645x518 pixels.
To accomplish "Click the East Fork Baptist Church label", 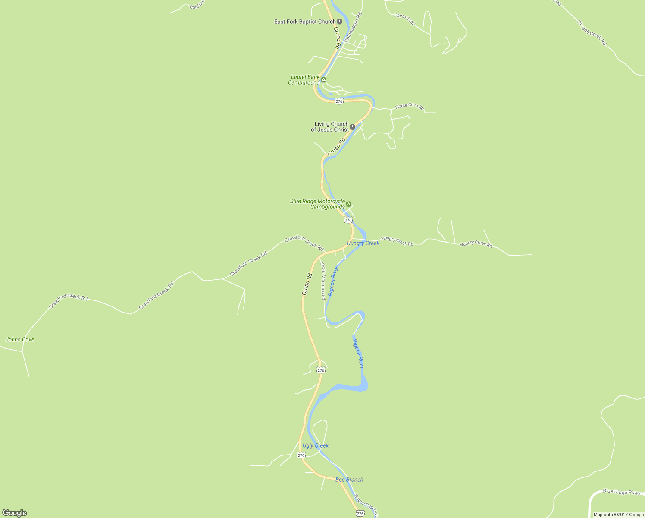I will click(x=304, y=22).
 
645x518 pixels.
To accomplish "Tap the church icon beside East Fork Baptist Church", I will click(x=340, y=22).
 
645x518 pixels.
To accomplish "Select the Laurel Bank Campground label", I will click(x=304, y=80).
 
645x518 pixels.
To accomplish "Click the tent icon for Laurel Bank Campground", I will click(x=323, y=79).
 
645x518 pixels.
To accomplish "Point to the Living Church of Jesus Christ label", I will click(x=330, y=127).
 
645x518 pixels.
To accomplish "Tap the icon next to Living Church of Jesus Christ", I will click(x=353, y=127).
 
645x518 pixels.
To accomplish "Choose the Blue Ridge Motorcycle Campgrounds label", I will click(x=318, y=204).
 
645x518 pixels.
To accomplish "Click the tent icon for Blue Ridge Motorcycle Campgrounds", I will click(x=349, y=204).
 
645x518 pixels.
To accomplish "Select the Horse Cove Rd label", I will click(x=410, y=106).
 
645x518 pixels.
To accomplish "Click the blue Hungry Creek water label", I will click(x=363, y=243).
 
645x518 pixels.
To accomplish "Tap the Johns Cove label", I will click(x=20, y=339).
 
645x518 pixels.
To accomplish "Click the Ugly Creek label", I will click(x=316, y=445).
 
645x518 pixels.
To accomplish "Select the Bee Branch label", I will click(x=349, y=480).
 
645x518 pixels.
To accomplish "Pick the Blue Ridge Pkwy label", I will click(x=622, y=492).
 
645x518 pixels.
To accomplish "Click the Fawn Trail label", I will click(x=405, y=19).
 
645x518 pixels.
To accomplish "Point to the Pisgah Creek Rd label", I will click(x=592, y=32).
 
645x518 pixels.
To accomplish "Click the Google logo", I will click(x=14, y=513).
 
